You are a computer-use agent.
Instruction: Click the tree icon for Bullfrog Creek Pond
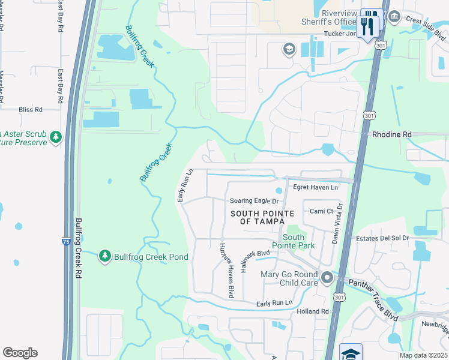coord(105,257)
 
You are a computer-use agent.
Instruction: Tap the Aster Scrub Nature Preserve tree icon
coord(56,137)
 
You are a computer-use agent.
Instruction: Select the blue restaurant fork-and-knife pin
coord(368,25)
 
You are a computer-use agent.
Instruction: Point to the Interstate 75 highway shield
coord(66,241)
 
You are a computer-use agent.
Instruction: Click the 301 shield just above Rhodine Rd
coord(369,114)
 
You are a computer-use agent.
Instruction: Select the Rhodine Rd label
coord(391,134)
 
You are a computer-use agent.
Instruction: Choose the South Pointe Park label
coord(293,241)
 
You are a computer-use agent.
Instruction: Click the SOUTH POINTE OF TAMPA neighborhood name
coord(262,218)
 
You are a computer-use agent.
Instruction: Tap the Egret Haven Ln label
coord(316,188)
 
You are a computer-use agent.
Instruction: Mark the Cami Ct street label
coord(321,211)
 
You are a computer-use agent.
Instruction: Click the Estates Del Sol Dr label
coord(381,238)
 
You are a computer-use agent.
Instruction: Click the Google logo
coord(20,353)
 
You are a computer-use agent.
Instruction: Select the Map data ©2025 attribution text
coord(423,355)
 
